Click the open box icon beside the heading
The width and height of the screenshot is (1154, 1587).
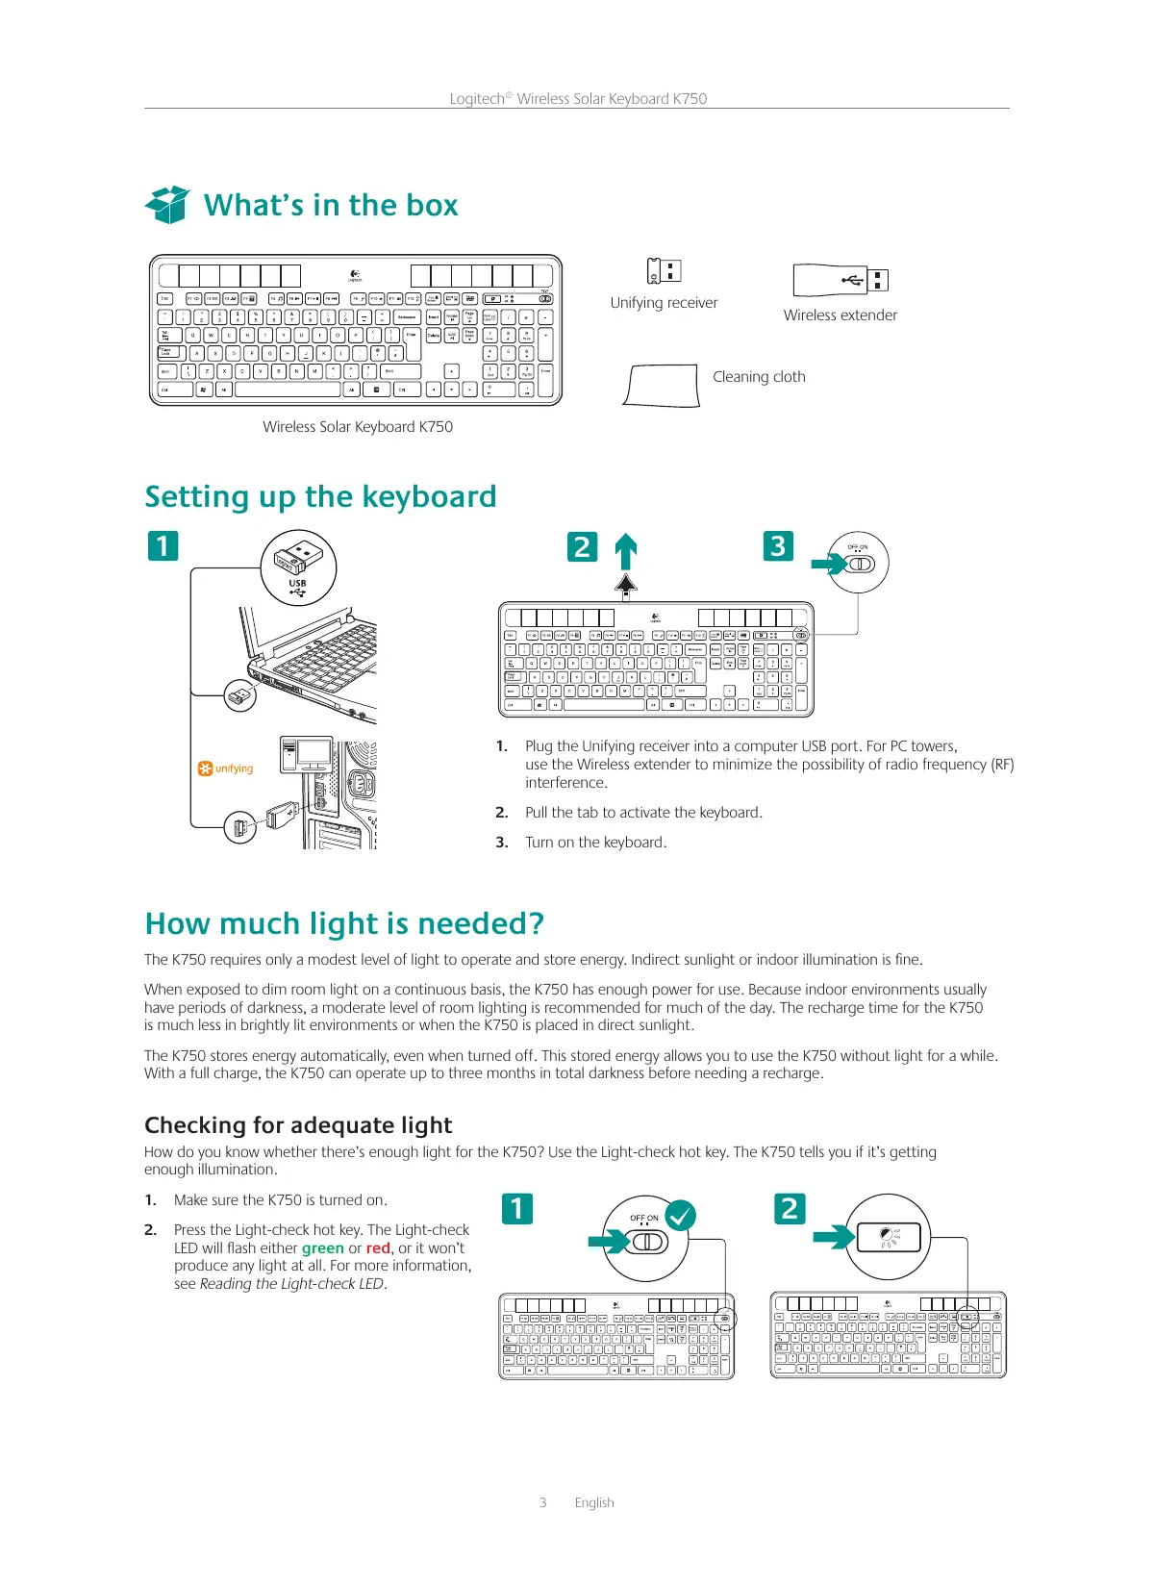point(168,204)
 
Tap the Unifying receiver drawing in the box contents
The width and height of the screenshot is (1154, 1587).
point(664,271)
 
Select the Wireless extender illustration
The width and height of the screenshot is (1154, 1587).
point(840,280)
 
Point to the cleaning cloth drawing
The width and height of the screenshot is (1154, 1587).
point(662,387)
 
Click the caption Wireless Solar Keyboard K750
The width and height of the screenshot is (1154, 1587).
point(358,427)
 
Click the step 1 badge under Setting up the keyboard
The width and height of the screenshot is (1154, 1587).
point(163,546)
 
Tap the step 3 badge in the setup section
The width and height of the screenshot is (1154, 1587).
point(778,546)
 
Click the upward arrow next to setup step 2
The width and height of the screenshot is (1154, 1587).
point(626,552)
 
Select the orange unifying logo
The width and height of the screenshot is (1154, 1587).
point(225,768)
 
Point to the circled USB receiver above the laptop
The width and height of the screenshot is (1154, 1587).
point(298,567)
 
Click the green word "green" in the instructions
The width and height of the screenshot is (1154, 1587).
point(323,1248)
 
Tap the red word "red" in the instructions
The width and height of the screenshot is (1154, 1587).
point(378,1248)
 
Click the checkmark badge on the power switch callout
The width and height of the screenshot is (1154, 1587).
point(681,1216)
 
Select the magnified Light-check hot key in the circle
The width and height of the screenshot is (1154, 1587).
point(888,1238)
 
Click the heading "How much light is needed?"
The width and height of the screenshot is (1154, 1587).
point(344,924)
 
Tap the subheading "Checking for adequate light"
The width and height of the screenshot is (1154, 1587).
point(298,1125)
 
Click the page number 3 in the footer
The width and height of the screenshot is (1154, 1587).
point(543,1502)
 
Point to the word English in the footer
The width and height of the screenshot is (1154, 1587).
point(594,1502)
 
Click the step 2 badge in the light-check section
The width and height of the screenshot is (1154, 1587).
point(790,1208)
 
